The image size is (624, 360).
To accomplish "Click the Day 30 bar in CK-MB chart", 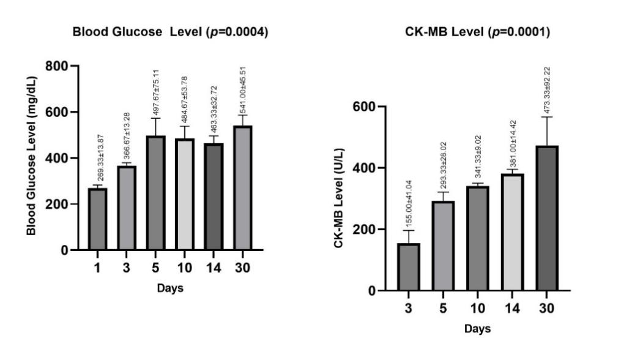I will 547,218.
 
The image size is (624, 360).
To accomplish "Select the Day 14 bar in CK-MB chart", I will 513,232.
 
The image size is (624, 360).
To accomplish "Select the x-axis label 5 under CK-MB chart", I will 444,308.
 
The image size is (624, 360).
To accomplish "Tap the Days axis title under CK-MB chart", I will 477,329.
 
